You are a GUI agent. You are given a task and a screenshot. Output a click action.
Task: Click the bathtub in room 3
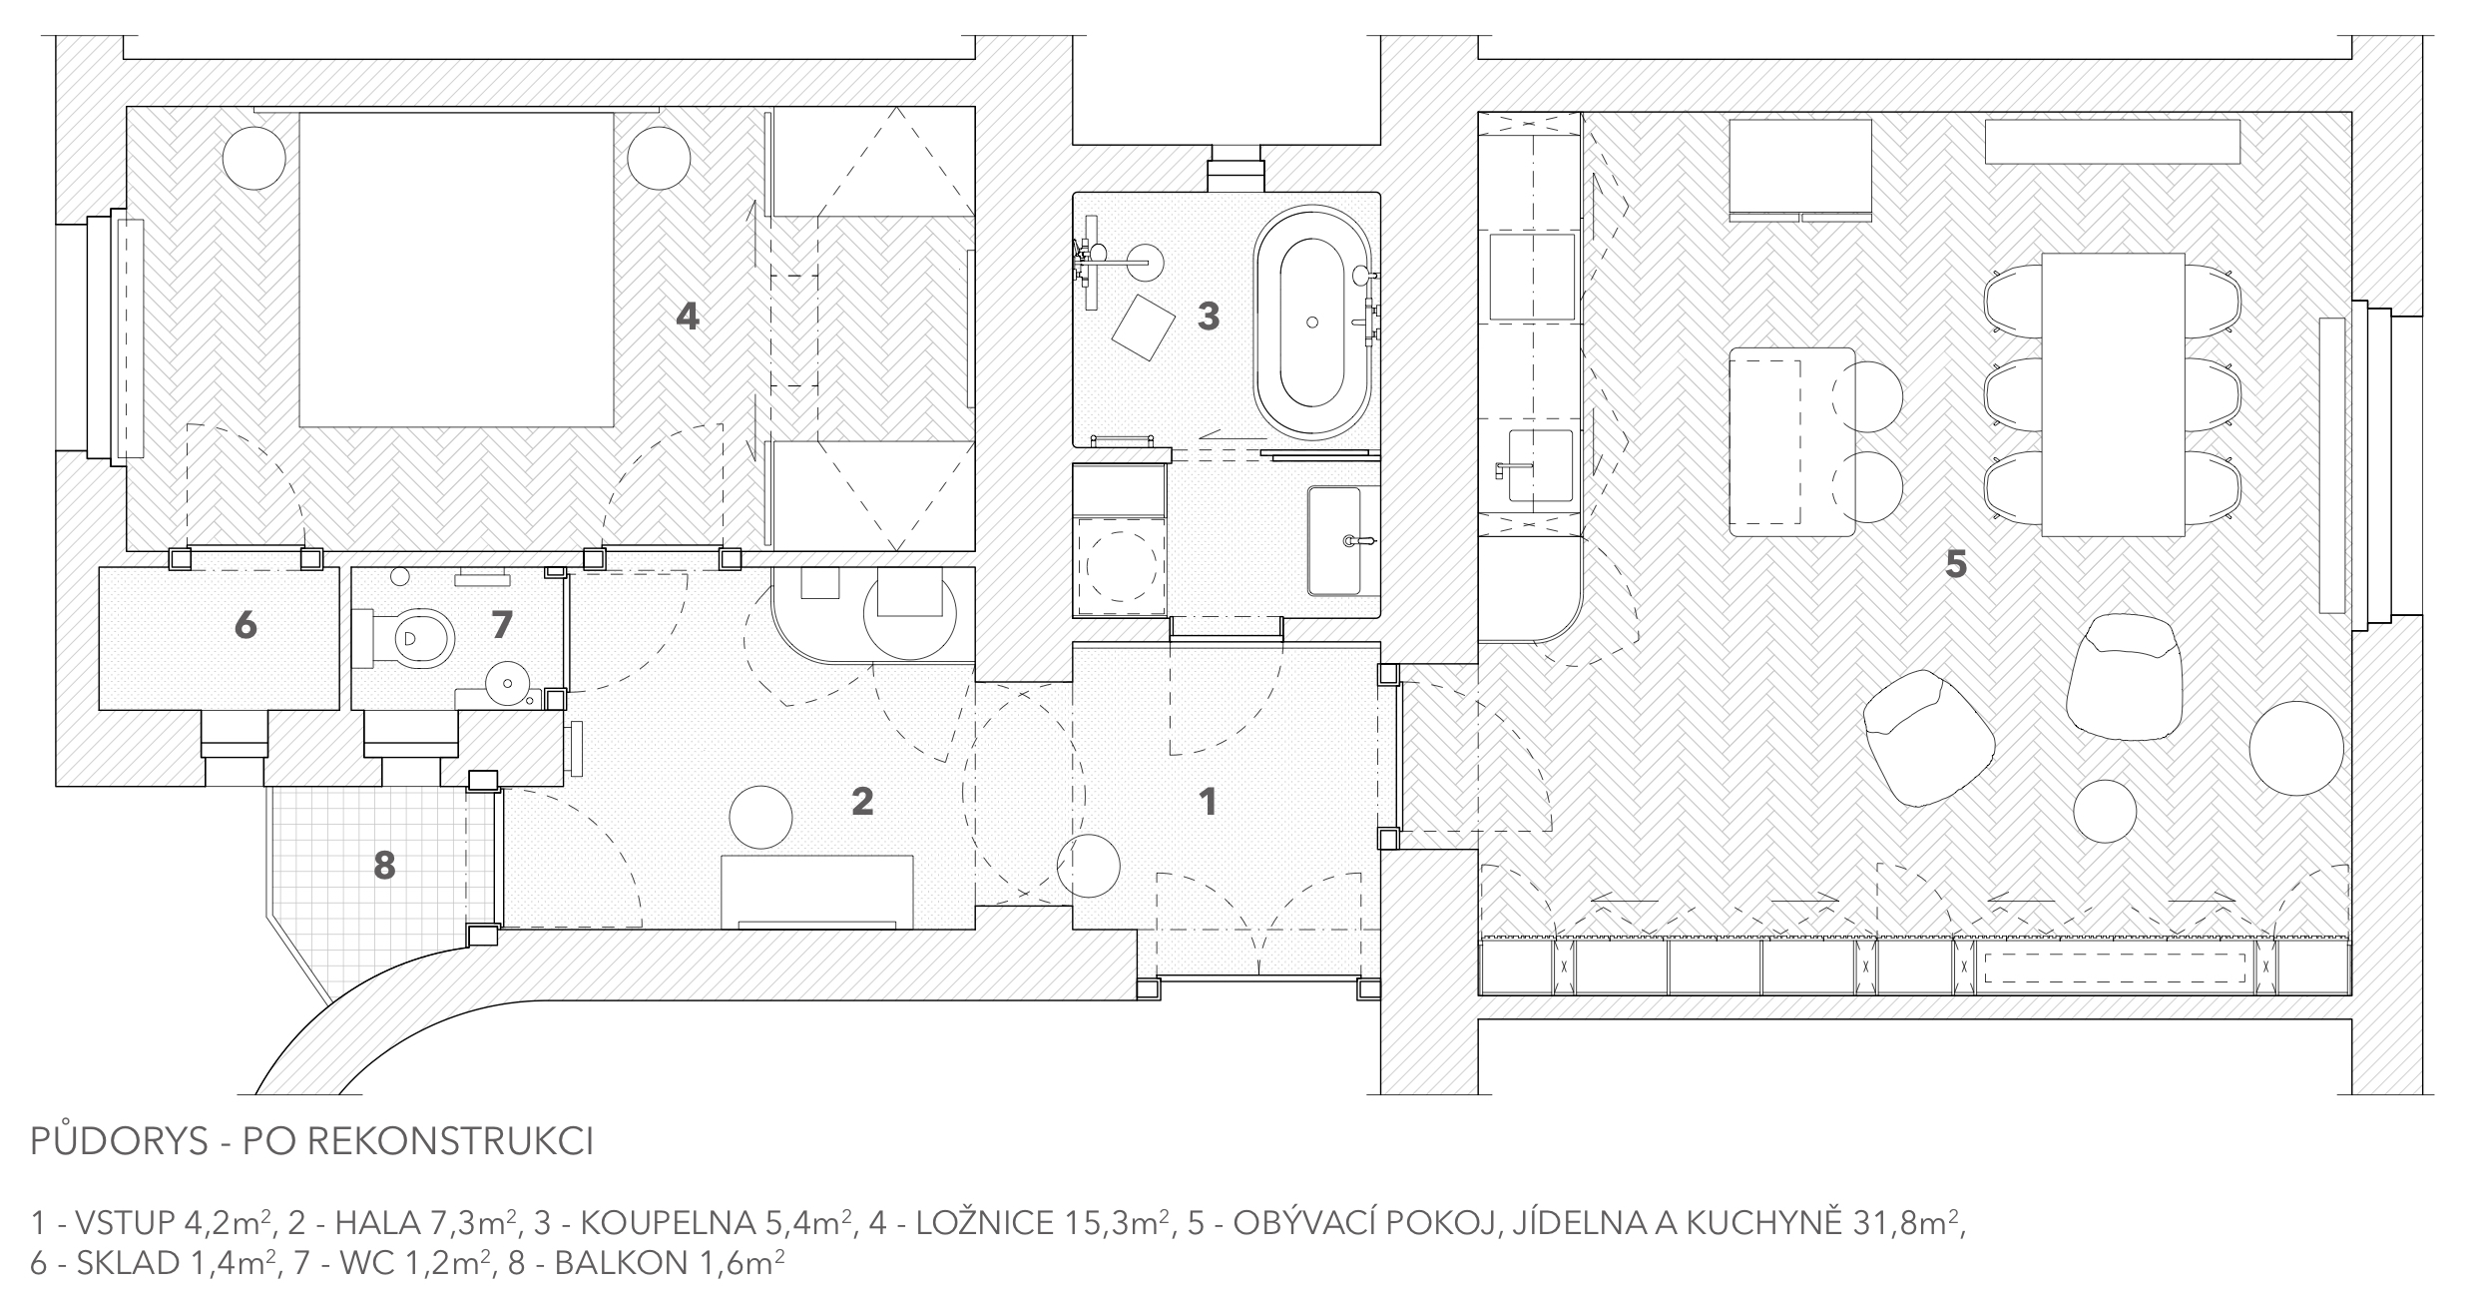[1312, 323]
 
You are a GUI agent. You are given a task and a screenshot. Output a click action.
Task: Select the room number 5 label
[1955, 565]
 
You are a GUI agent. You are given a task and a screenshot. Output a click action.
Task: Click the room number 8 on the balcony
[384, 866]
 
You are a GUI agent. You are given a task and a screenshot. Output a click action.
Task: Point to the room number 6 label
[246, 626]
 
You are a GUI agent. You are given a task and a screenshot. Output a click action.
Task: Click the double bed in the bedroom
[456, 270]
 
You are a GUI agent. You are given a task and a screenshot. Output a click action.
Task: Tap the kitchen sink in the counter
[1540, 465]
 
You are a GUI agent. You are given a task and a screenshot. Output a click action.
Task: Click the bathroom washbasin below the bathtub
[1343, 540]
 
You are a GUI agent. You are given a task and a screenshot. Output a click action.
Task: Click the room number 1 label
[1208, 801]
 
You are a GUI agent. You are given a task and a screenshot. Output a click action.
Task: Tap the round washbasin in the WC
[507, 685]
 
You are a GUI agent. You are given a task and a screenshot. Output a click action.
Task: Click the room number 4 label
[688, 317]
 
